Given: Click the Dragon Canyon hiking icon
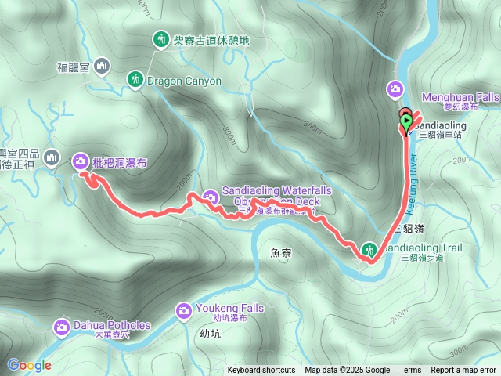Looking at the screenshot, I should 135,78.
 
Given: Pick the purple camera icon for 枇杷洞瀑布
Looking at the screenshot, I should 80,162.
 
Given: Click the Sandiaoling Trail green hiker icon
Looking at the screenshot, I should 369,251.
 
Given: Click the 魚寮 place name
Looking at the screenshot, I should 279,253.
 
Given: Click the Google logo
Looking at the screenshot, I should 29,365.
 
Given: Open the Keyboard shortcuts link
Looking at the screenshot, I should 261,371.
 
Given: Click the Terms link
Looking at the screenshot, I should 410,371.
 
